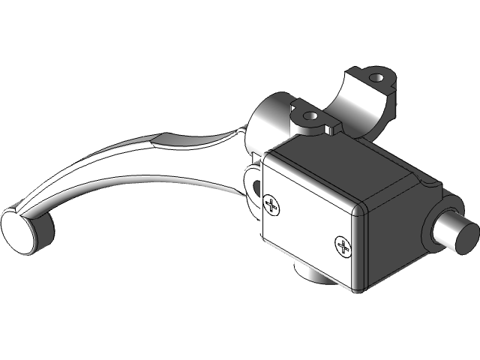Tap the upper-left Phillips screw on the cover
[271, 203]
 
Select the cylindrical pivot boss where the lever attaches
[266, 120]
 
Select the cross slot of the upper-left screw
[271, 203]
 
